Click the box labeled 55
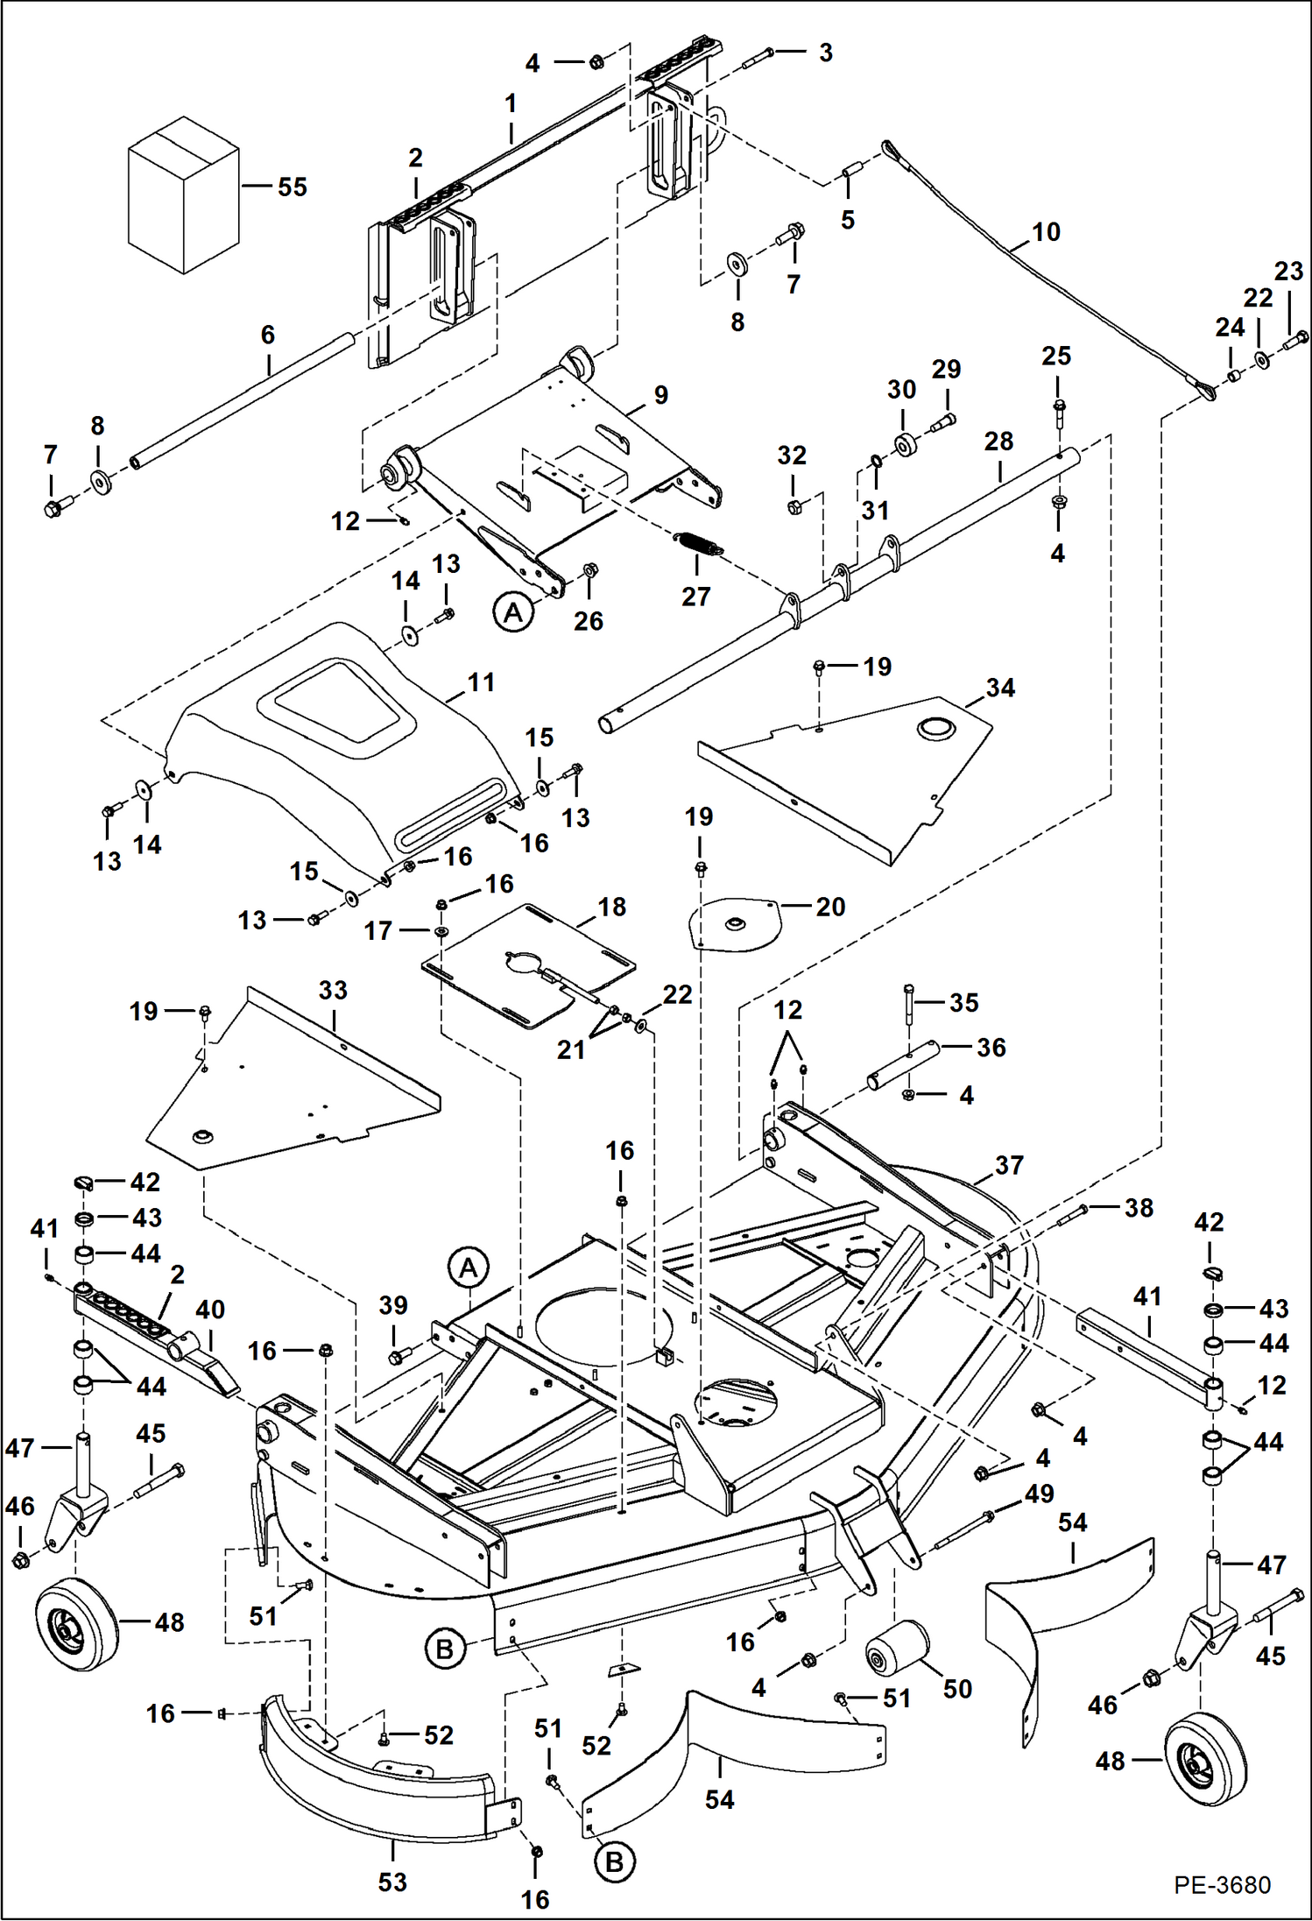[183, 195]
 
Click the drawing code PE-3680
[1222, 1884]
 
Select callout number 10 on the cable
[1046, 232]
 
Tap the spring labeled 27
[699, 543]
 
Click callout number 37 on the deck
[1009, 1165]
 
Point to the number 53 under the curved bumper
[392, 1882]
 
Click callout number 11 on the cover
[481, 682]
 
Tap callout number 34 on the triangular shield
[1000, 688]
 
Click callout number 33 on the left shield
[333, 990]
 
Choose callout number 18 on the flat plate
[611, 907]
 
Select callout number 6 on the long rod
[268, 335]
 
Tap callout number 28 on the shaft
[998, 441]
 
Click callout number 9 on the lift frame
[660, 395]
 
